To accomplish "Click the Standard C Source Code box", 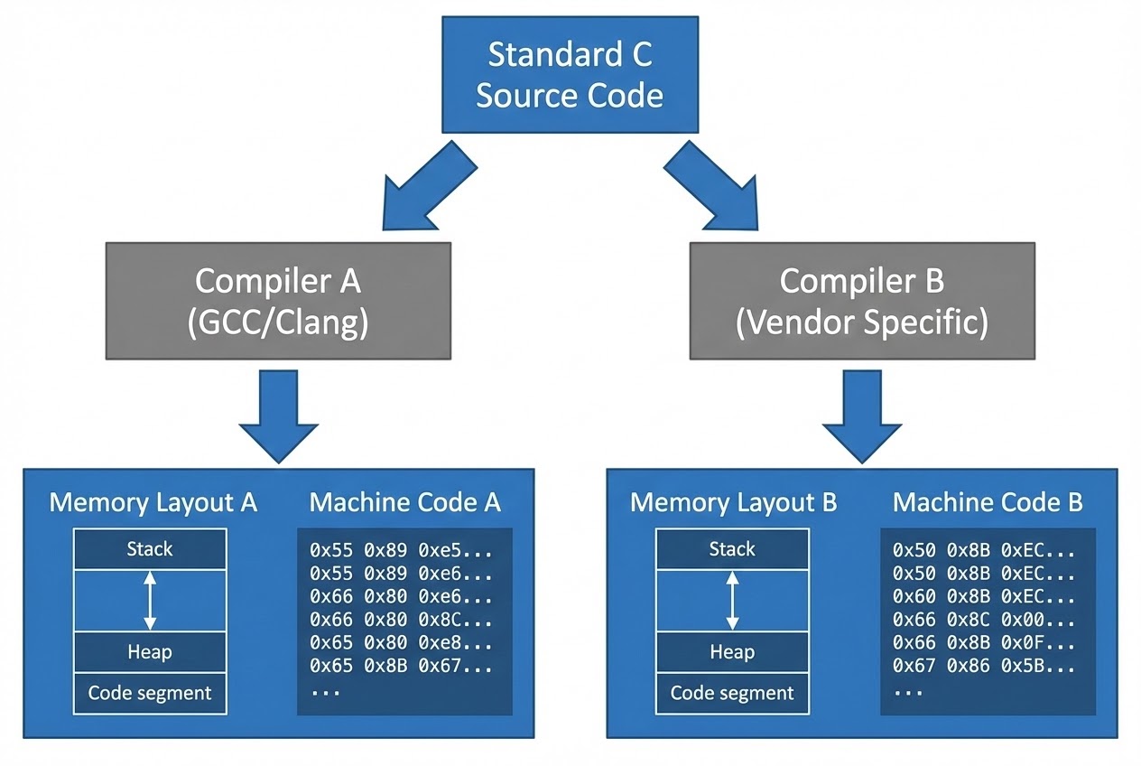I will tap(569, 74).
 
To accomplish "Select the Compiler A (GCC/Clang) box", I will tap(278, 301).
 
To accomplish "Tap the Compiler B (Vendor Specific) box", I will tap(862, 301).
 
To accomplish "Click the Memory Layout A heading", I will tap(153, 502).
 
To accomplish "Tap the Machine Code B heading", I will tap(988, 502).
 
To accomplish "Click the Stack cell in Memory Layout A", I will tap(150, 549).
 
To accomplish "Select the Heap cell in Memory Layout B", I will tap(732, 652).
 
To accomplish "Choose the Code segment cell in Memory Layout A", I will tap(150, 694).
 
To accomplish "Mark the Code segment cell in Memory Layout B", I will tap(732, 694).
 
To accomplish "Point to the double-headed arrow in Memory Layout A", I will tap(150, 601).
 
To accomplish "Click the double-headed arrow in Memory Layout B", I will tap(732, 601).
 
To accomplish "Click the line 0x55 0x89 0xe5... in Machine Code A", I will tap(401, 549).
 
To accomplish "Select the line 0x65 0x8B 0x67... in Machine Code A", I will tap(401, 667).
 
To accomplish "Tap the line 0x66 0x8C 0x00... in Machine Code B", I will tap(984, 620).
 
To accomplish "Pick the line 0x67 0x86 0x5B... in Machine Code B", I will tap(984, 667).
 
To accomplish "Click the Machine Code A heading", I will tap(404, 502).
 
